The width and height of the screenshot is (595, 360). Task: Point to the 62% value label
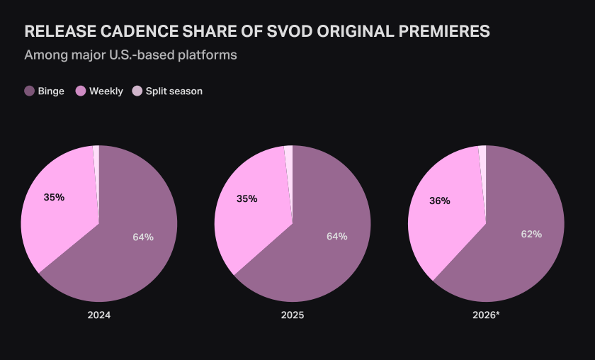click(x=531, y=235)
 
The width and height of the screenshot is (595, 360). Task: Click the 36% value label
click(x=439, y=201)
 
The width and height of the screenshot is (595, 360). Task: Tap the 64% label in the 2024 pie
click(x=143, y=237)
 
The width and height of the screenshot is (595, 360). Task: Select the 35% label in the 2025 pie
click(x=246, y=199)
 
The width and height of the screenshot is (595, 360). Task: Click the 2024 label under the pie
click(x=99, y=315)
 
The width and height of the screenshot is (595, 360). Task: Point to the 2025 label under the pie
click(x=293, y=315)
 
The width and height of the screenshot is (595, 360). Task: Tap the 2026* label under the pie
click(x=486, y=315)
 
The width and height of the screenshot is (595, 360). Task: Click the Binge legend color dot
click(x=30, y=91)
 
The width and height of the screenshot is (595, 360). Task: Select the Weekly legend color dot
click(x=81, y=91)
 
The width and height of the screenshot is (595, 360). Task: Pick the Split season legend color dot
click(x=137, y=91)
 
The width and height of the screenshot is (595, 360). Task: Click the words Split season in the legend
click(x=174, y=91)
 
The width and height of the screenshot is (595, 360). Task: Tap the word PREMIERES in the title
click(x=444, y=31)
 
